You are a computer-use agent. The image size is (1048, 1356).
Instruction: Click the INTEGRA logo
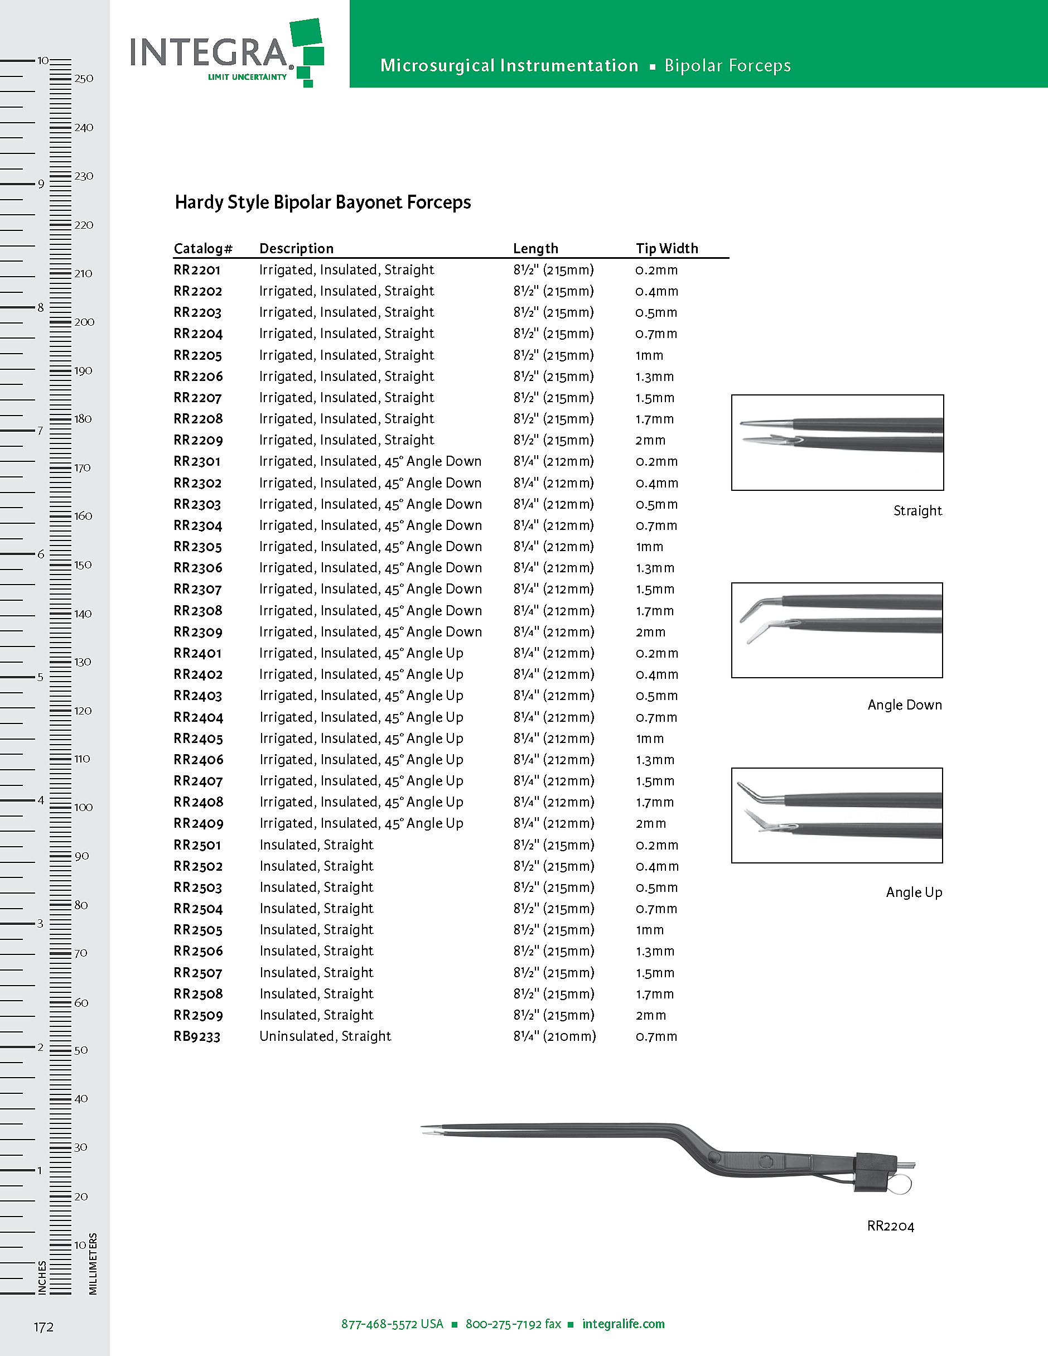[226, 54]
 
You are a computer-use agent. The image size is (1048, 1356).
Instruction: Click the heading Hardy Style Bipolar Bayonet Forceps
[322, 202]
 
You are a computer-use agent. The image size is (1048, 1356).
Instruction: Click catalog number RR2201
[197, 270]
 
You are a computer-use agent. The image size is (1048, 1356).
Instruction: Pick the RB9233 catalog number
[197, 1036]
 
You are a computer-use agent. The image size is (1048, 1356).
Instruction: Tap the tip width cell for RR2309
[650, 632]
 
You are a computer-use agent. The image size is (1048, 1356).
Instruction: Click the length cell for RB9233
[554, 1036]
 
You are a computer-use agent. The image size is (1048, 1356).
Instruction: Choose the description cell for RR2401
[361, 653]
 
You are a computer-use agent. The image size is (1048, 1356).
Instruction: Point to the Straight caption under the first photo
[917, 510]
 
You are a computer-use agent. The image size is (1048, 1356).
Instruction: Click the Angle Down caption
[904, 704]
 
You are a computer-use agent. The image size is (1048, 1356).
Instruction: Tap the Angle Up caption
[913, 892]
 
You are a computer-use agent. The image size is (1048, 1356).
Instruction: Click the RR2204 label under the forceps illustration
[890, 1226]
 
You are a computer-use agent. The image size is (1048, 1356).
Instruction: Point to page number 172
[44, 1328]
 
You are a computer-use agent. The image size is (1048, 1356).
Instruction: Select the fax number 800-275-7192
[513, 1324]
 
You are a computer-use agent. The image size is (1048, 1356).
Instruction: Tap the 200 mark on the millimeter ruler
[84, 322]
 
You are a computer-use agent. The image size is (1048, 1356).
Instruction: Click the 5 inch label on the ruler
[40, 677]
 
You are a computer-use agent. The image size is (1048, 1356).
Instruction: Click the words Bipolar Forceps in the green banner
[727, 66]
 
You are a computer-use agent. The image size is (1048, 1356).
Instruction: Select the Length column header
[535, 248]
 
